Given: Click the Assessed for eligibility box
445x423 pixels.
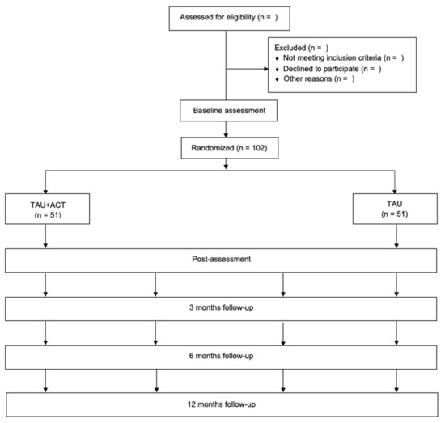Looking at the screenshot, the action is (229, 19).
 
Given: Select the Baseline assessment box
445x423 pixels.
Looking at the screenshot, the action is (228, 111).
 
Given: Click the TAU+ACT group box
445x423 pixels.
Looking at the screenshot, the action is (48, 209).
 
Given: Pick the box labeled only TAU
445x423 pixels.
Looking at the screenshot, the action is (395, 209).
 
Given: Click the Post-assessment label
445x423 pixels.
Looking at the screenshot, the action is (222, 259).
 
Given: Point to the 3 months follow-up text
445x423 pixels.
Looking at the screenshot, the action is (222, 307).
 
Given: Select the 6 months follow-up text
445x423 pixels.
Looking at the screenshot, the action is (222, 356).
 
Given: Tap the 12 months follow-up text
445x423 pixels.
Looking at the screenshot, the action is (222, 404).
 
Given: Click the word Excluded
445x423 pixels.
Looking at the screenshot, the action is (290, 48).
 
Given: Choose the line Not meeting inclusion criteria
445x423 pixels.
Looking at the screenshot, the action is (343, 58).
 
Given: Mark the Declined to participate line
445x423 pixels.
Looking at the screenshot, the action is (332, 69).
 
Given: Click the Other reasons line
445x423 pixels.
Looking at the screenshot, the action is (319, 78).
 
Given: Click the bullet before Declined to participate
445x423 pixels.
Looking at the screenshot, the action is (278, 70).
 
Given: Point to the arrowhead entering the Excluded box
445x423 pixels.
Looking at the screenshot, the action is (266, 69).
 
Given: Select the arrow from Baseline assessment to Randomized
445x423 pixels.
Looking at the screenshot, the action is (226, 129).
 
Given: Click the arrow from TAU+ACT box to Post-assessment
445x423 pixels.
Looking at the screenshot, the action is (45, 236).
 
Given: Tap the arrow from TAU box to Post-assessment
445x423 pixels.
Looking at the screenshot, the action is (396, 236).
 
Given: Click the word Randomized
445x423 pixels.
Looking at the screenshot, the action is (212, 148).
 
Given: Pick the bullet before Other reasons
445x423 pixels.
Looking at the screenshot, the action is (278, 79).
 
